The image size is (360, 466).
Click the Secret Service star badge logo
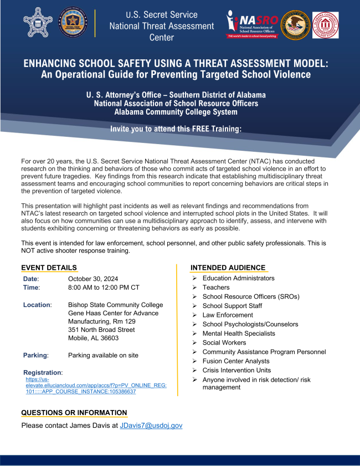[38, 23]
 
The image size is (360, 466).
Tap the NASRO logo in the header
[251, 24]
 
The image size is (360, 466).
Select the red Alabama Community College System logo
[325, 24]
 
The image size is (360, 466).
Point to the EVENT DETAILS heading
[49, 268]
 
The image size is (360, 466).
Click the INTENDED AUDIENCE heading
[228, 268]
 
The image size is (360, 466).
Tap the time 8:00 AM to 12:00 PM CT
[103, 288]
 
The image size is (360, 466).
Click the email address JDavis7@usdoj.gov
[151, 426]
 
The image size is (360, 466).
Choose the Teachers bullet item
[215, 288]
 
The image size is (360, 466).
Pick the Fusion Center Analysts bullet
[236, 361]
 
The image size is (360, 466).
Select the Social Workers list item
[224, 342]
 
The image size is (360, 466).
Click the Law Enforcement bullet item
[228, 315]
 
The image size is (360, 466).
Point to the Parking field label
[35, 355]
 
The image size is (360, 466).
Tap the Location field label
[37, 305]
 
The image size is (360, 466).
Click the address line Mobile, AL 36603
[94, 338]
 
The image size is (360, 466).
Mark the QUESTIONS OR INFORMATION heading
[74, 413]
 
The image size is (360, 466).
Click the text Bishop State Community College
[115, 305]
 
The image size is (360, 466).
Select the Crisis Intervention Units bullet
[236, 370]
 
